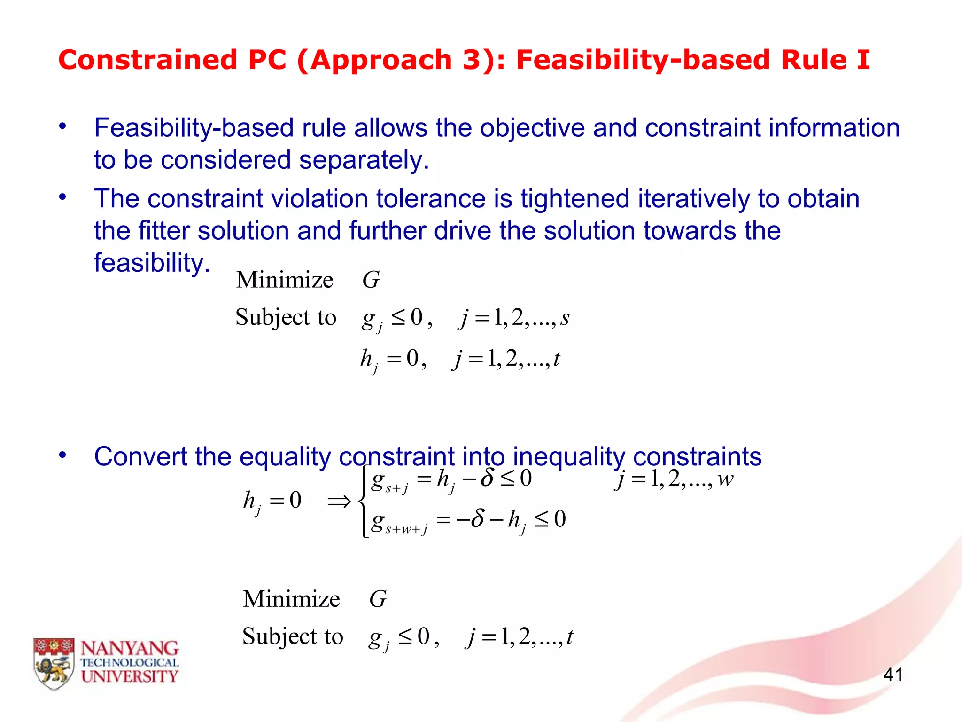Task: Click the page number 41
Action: click(892, 675)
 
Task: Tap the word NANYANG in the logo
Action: click(130, 649)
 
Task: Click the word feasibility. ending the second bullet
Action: click(152, 262)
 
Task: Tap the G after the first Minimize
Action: click(371, 280)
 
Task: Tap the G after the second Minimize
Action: click(378, 599)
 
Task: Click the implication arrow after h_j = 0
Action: click(339, 502)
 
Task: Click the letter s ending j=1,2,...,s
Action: click(565, 319)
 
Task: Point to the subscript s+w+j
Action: click(406, 529)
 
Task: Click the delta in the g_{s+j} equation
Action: click(487, 479)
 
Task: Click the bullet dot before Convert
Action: click(62, 455)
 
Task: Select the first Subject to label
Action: click(286, 317)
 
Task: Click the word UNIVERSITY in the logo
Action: click(130, 676)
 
